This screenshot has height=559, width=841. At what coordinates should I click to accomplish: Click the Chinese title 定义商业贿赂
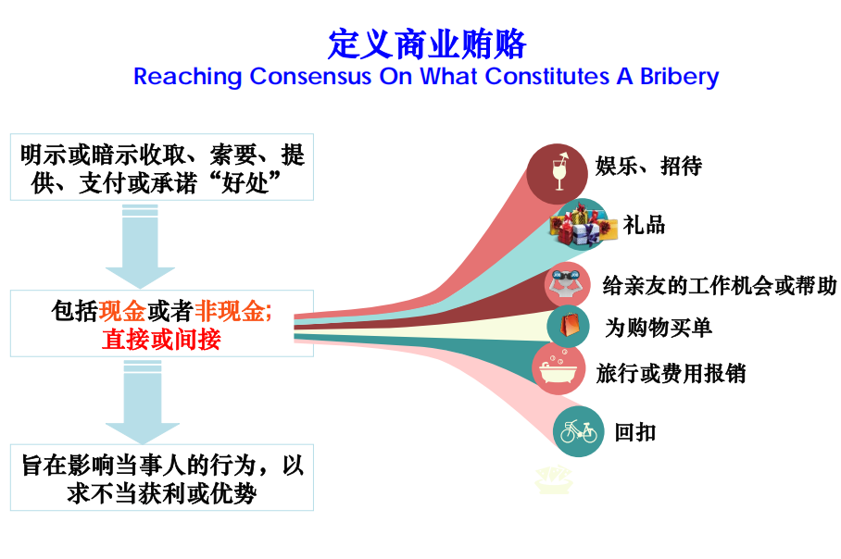pyautogui.click(x=427, y=43)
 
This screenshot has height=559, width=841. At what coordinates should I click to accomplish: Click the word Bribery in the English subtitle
pyautogui.click(x=680, y=77)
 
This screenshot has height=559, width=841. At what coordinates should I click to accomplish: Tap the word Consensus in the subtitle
pyautogui.click(x=310, y=76)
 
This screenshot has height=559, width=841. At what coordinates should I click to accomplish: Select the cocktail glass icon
pyautogui.click(x=559, y=171)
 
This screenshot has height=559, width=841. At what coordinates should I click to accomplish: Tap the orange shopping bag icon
pyautogui.click(x=569, y=326)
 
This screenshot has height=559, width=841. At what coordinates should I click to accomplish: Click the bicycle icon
pyautogui.click(x=578, y=431)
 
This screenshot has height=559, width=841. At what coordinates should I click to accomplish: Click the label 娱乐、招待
pyautogui.click(x=648, y=166)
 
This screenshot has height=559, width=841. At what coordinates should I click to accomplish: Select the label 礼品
pyautogui.click(x=644, y=225)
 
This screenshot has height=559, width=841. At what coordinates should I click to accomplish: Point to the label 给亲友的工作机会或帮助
pyautogui.click(x=720, y=285)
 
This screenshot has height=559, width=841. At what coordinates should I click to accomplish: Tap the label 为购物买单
pyautogui.click(x=659, y=327)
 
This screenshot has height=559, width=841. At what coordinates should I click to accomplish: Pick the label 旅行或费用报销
pyautogui.click(x=671, y=373)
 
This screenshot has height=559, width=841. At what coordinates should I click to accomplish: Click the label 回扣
pyautogui.click(x=635, y=431)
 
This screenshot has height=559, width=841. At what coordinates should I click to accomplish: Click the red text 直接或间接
pyautogui.click(x=161, y=340)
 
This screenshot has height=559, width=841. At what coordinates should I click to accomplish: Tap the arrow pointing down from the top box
pyautogui.click(x=140, y=245)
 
